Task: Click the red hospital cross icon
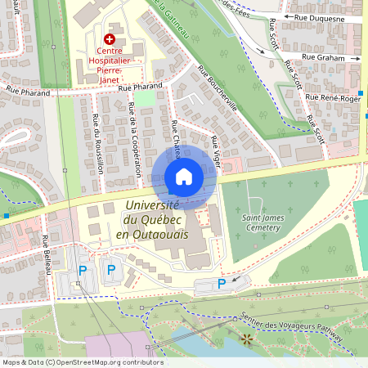[110, 39]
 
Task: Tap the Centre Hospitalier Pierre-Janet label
[110, 61]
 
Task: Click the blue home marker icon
[184, 177]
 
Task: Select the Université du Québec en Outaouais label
[152, 221]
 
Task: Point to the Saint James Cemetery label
[262, 222]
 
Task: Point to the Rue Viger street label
[216, 152]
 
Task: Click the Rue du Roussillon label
[98, 142]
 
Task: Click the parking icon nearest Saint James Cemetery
[221, 283]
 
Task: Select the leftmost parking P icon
[82, 270]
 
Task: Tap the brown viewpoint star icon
[245, 337]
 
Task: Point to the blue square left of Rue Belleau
[6, 216]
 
